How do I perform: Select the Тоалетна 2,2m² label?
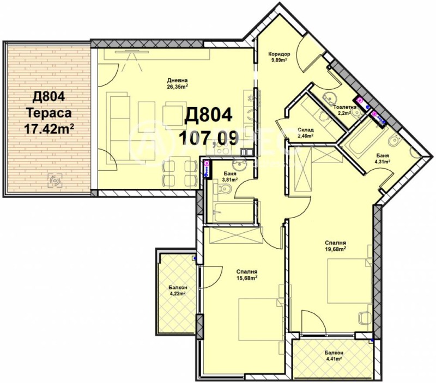[345, 110]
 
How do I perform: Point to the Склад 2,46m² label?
[305, 133]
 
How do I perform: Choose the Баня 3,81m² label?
[229, 177]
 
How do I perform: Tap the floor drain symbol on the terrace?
[54, 179]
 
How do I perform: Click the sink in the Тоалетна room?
[329, 98]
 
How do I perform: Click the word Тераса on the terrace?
[49, 113]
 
